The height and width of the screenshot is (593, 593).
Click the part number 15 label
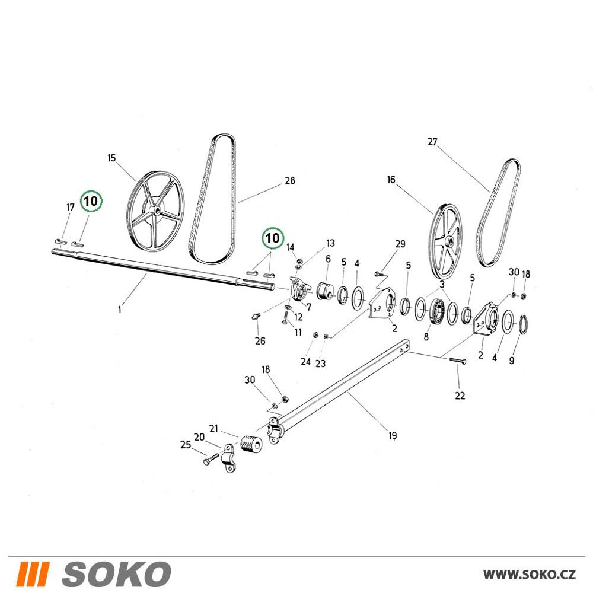[x=111, y=158]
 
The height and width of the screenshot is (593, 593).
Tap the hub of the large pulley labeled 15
[x=154, y=211]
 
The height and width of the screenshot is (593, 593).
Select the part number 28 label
[x=290, y=181]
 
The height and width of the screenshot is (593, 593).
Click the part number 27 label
[x=432, y=142]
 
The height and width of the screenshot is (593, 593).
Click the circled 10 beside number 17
[x=91, y=201]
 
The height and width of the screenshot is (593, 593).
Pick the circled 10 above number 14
[x=272, y=238]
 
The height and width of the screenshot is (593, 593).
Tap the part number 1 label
[x=120, y=310]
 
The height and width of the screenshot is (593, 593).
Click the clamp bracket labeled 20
[x=229, y=458]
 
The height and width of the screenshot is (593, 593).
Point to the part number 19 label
[x=393, y=436]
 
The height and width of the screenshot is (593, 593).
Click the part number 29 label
[x=400, y=244]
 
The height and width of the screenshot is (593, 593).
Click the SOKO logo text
[x=116, y=574]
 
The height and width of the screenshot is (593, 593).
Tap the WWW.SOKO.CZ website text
[x=530, y=575]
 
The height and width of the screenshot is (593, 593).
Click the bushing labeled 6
[x=325, y=292]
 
